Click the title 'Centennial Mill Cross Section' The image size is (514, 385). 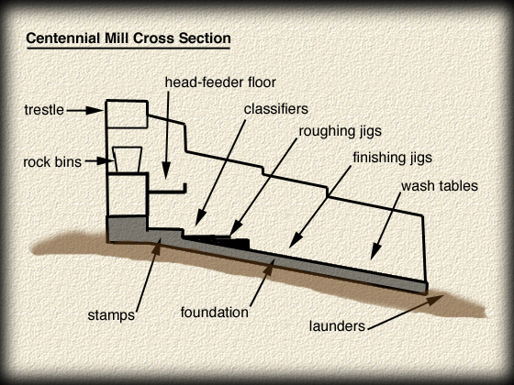(x=128, y=38)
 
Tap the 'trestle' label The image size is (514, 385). (x=44, y=110)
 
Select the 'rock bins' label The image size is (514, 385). (x=52, y=162)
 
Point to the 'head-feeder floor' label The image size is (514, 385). (x=220, y=82)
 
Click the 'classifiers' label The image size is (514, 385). (x=276, y=109)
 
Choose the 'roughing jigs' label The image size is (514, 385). (x=341, y=131)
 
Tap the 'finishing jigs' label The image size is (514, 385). (x=393, y=158)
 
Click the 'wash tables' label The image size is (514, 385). (x=440, y=185)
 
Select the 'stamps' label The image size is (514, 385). (x=111, y=315)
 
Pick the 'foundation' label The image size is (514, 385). (x=215, y=312)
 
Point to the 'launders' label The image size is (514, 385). (x=337, y=325)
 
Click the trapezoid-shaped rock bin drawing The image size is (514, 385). (x=128, y=159)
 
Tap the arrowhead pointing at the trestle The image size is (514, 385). (x=95, y=110)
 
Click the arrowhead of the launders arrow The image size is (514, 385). (x=435, y=299)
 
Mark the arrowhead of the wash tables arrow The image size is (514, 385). (x=375, y=252)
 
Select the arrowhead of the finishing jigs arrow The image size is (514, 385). (x=296, y=241)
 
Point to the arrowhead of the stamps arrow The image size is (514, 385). (x=157, y=247)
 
